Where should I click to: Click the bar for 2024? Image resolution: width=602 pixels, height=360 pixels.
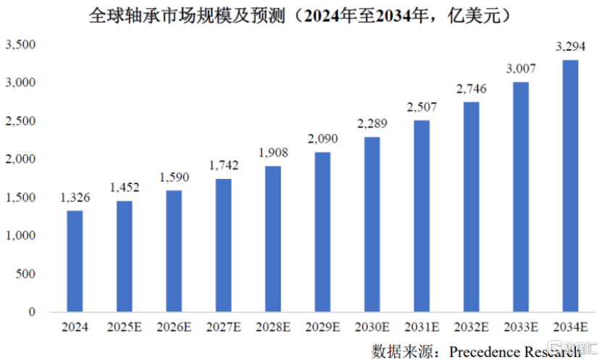(75, 261)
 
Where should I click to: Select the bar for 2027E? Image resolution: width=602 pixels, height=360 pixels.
(223, 246)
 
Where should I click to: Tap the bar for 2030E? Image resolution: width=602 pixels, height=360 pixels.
(372, 224)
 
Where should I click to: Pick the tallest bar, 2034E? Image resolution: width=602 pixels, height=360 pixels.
(570, 185)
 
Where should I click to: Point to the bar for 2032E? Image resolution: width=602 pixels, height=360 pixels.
(471, 207)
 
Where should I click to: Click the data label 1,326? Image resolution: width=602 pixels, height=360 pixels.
(75, 198)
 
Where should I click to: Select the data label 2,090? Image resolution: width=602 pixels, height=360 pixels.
(322, 138)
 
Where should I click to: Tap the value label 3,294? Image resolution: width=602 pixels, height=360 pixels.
(571, 46)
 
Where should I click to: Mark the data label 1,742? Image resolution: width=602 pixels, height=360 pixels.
(223, 165)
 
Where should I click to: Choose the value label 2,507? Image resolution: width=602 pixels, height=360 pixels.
(422, 107)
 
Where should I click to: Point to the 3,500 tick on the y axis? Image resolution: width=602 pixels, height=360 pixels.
(20, 44)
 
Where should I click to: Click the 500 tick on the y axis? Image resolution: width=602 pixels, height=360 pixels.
(25, 274)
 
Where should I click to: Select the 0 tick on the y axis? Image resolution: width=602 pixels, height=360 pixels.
(32, 311)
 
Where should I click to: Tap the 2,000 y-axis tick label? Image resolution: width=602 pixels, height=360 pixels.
(20, 159)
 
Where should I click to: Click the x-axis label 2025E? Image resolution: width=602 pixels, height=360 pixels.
(125, 327)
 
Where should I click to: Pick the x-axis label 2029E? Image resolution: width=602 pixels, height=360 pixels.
(322, 327)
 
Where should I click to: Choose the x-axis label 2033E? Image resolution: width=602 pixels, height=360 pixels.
(521, 327)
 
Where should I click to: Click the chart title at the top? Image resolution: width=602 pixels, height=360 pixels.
(300, 16)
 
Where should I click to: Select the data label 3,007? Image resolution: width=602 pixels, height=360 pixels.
(521, 69)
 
